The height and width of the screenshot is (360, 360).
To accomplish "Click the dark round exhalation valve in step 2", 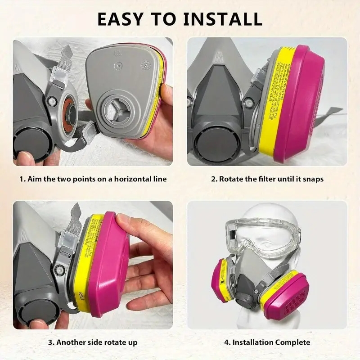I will tap(212, 144).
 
